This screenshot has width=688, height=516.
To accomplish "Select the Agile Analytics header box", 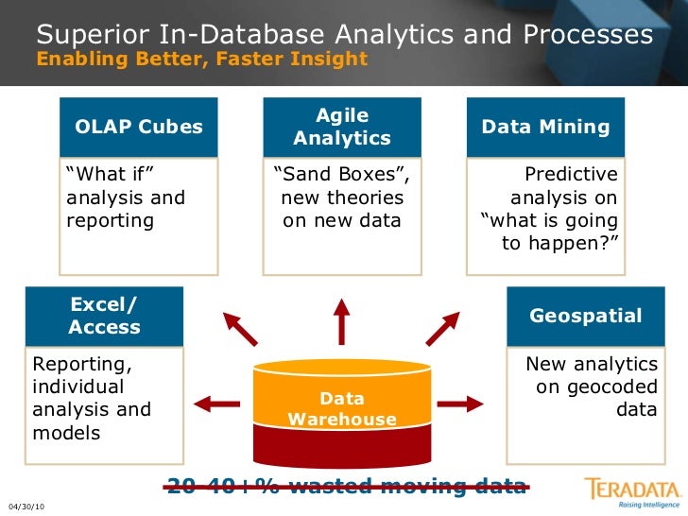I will click(x=341, y=127).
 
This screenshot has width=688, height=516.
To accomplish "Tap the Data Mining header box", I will click(x=545, y=127).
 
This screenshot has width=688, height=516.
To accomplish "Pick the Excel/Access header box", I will click(x=104, y=316).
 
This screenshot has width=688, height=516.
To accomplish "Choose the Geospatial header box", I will click(x=585, y=316).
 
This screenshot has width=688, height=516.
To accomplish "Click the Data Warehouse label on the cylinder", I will click(x=341, y=408).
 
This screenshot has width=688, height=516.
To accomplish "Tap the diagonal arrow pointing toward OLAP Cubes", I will click(x=240, y=329).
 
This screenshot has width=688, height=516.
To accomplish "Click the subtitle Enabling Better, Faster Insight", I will click(x=201, y=59).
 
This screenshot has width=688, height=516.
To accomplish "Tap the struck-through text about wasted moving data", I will click(x=346, y=487).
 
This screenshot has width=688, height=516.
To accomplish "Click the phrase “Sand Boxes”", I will click(x=341, y=175).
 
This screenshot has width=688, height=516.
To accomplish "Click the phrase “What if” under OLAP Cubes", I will click(x=110, y=175).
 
